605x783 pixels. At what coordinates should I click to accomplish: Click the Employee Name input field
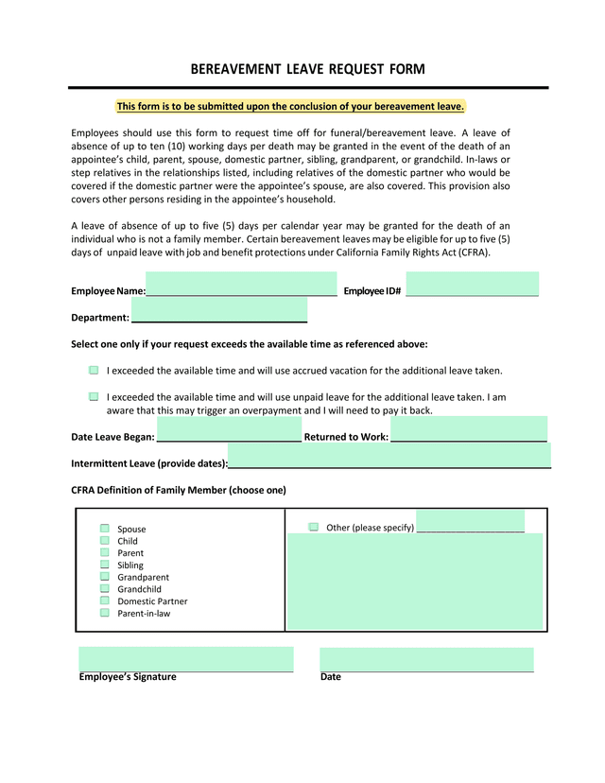pos(241,285)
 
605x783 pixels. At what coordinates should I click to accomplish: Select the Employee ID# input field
pos(472,285)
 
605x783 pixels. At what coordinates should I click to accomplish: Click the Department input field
pos(219,310)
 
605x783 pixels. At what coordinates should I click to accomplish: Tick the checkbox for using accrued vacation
pos(94,371)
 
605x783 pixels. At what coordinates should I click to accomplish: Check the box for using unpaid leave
pos(94,397)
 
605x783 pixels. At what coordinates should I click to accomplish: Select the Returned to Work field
pos(468,429)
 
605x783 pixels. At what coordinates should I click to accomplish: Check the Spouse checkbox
pos(105,529)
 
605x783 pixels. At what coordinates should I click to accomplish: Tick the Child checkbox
pos(105,541)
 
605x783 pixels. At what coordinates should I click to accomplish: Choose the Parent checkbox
pos(105,552)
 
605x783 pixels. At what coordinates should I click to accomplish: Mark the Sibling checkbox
pos(105,565)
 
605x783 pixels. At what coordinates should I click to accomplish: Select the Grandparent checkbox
pos(105,577)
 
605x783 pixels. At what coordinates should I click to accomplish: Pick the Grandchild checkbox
pos(105,588)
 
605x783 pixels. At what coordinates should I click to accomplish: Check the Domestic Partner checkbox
pos(105,600)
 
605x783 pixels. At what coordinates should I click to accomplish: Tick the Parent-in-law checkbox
pos(105,613)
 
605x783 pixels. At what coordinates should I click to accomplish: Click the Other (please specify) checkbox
pos(313,527)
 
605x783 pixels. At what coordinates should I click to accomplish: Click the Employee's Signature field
pos(185,659)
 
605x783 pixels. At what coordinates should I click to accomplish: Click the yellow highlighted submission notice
pos(290,107)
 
